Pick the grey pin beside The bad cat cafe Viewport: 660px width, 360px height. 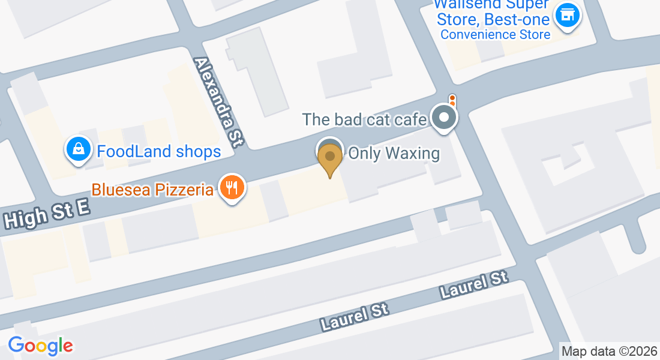tap(444, 117)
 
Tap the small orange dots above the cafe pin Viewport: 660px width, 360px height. tap(452, 100)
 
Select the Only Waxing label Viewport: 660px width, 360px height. tap(394, 154)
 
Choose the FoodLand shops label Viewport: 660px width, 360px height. tap(159, 151)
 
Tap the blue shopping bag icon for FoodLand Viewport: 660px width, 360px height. tap(79, 149)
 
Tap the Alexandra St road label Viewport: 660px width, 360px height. tap(218, 102)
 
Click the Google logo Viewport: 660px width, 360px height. tap(40, 346)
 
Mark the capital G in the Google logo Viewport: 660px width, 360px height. tap(16, 345)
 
